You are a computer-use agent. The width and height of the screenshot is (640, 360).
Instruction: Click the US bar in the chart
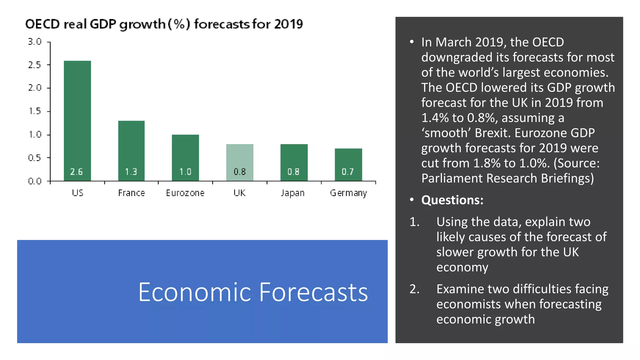77,119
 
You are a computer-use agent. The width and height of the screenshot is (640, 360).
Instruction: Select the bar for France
131,147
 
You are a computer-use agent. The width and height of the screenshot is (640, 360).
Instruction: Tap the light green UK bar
240,159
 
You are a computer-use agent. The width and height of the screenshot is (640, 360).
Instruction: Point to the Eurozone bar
185,153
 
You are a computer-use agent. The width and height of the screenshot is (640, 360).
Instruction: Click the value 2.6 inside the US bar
77,172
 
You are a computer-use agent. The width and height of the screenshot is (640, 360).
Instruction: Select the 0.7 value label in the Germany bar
347,172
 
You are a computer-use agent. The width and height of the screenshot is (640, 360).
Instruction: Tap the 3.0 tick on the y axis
35,42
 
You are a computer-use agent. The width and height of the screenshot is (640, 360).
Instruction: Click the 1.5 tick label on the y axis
35,111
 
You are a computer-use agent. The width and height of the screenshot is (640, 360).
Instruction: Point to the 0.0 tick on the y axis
35,181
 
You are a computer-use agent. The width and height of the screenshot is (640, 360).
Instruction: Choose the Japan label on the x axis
292,193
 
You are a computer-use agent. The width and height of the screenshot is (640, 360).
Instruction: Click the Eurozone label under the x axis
185,193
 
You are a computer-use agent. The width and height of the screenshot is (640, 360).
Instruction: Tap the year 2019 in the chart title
288,24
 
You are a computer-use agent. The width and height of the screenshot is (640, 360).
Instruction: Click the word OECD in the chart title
42,24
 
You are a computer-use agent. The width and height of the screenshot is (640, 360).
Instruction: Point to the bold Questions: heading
452,200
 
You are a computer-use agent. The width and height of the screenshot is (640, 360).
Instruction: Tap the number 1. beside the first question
414,222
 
